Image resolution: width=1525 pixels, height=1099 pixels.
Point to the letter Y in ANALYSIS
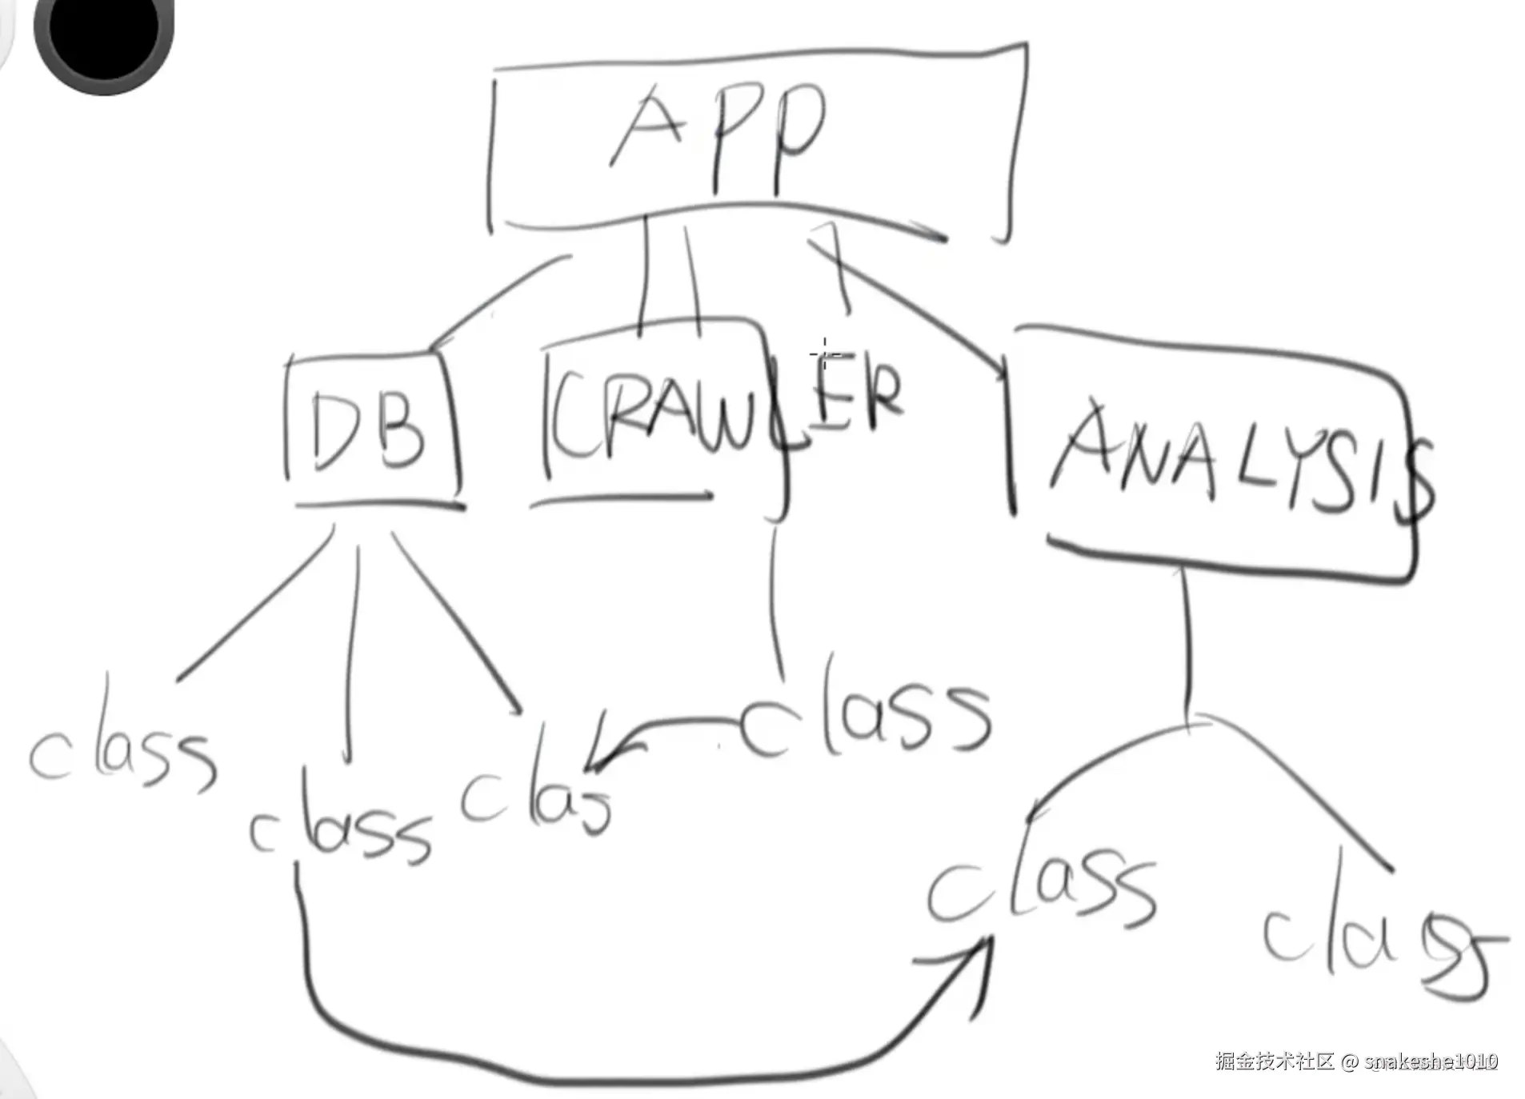coord(1288,472)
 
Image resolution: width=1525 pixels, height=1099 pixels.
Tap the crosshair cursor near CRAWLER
coord(824,353)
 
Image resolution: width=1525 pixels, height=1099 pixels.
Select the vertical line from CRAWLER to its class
coord(775,600)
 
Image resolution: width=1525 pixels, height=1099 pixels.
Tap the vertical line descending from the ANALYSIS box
coord(1186,640)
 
